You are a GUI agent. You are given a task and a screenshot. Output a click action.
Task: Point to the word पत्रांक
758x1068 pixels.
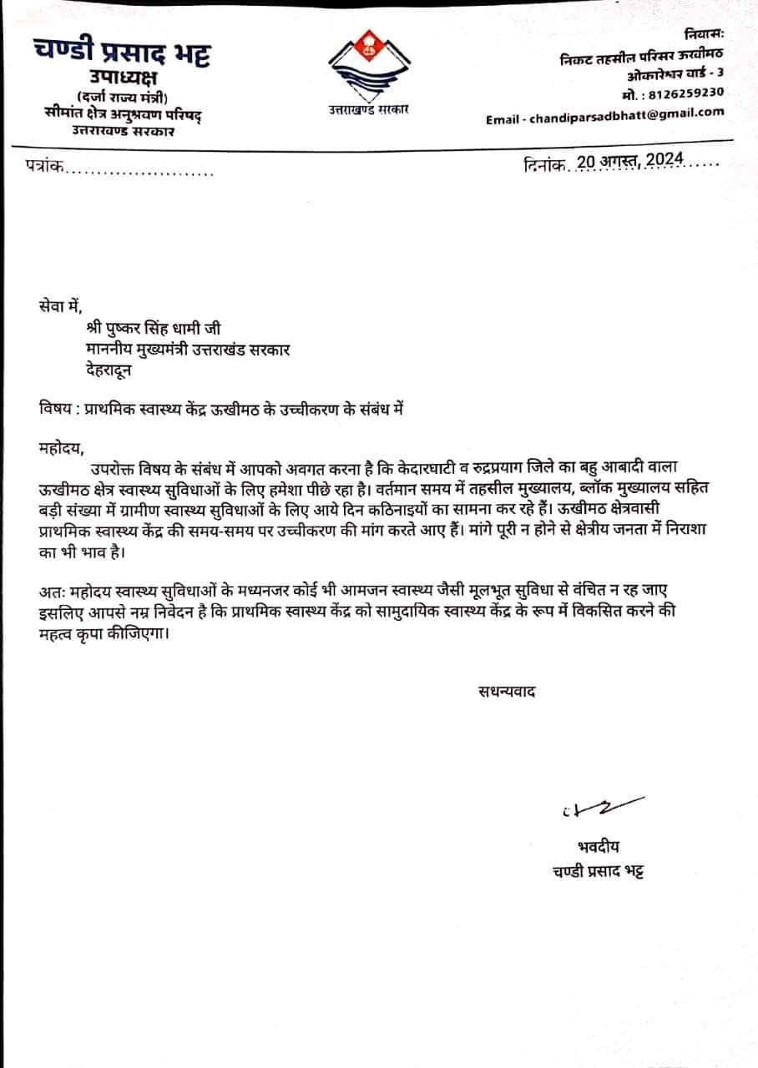[43, 169]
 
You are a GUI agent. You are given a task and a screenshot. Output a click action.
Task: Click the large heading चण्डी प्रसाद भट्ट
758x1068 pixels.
[123, 53]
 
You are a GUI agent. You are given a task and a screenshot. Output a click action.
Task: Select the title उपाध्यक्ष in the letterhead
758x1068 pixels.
[124, 79]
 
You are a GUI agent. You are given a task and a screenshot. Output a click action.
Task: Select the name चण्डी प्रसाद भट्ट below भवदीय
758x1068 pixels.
[599, 871]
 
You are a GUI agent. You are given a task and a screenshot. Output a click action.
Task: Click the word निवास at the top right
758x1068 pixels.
[704, 34]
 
